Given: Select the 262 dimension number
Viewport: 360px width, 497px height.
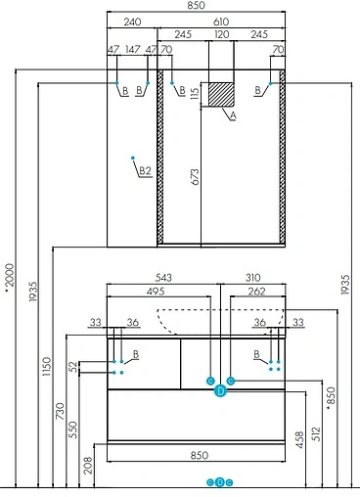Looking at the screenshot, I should (255, 291).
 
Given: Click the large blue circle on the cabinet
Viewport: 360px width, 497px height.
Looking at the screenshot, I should (220, 391).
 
